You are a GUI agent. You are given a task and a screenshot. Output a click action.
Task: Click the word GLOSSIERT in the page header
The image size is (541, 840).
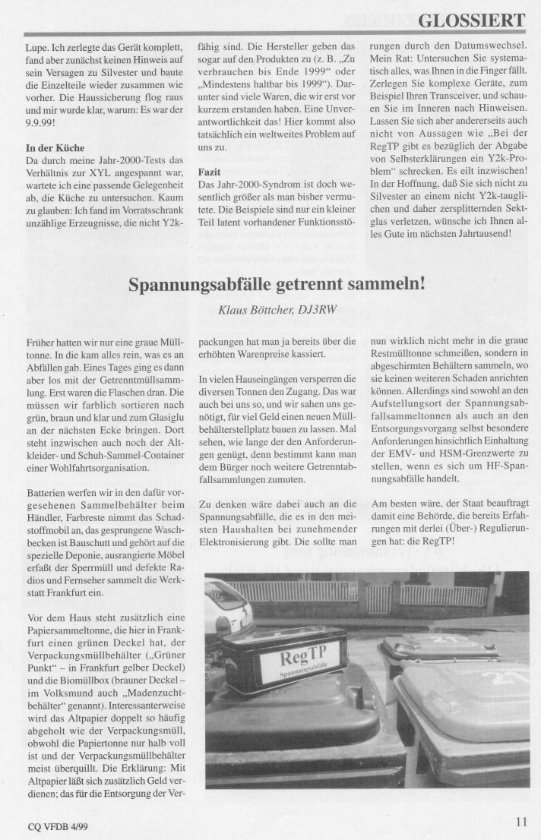point(472,21)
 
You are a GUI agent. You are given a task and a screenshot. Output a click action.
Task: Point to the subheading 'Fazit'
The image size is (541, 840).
point(209,172)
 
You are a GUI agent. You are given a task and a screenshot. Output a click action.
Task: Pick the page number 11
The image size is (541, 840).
point(520,820)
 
